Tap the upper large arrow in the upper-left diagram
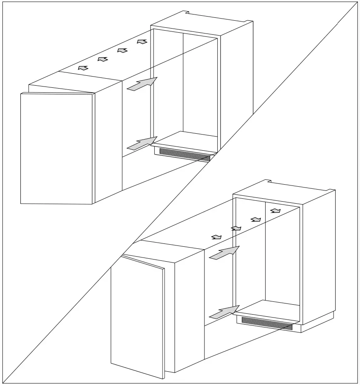(x=142, y=84)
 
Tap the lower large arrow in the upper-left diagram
(x=142, y=143)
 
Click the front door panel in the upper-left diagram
(x=56, y=148)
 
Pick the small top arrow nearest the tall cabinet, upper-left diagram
(x=142, y=41)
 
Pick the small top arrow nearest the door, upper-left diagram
(x=83, y=67)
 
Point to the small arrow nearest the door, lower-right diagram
(x=216, y=237)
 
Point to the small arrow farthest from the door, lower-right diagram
(x=275, y=211)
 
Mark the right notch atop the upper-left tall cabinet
(x=248, y=22)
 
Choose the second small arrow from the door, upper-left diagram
(x=102, y=59)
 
